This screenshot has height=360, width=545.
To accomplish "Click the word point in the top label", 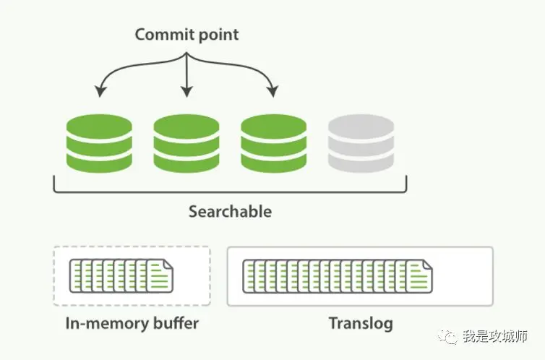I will pyautogui.click(x=215, y=35).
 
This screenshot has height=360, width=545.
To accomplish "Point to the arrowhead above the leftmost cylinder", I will pyautogui.click(x=100, y=92).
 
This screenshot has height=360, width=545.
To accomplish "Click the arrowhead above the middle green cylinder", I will pyautogui.click(x=186, y=92).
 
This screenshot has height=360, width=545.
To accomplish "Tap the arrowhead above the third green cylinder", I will pyautogui.click(x=272, y=92).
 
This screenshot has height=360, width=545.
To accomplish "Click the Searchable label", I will pyautogui.click(x=230, y=212).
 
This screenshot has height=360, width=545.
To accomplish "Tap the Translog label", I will pyautogui.click(x=361, y=323).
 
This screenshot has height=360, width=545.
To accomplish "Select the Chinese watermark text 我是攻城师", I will pyautogui.click(x=496, y=337).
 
